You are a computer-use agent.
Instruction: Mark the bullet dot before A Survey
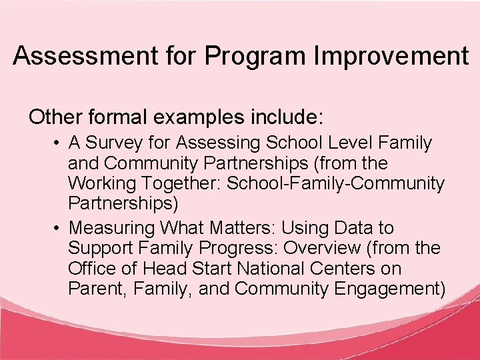click(x=59, y=143)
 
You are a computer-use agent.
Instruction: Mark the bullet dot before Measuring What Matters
click(x=59, y=229)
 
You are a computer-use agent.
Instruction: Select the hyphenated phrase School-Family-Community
click(x=335, y=183)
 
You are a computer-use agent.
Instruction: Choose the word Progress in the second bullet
click(x=244, y=248)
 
